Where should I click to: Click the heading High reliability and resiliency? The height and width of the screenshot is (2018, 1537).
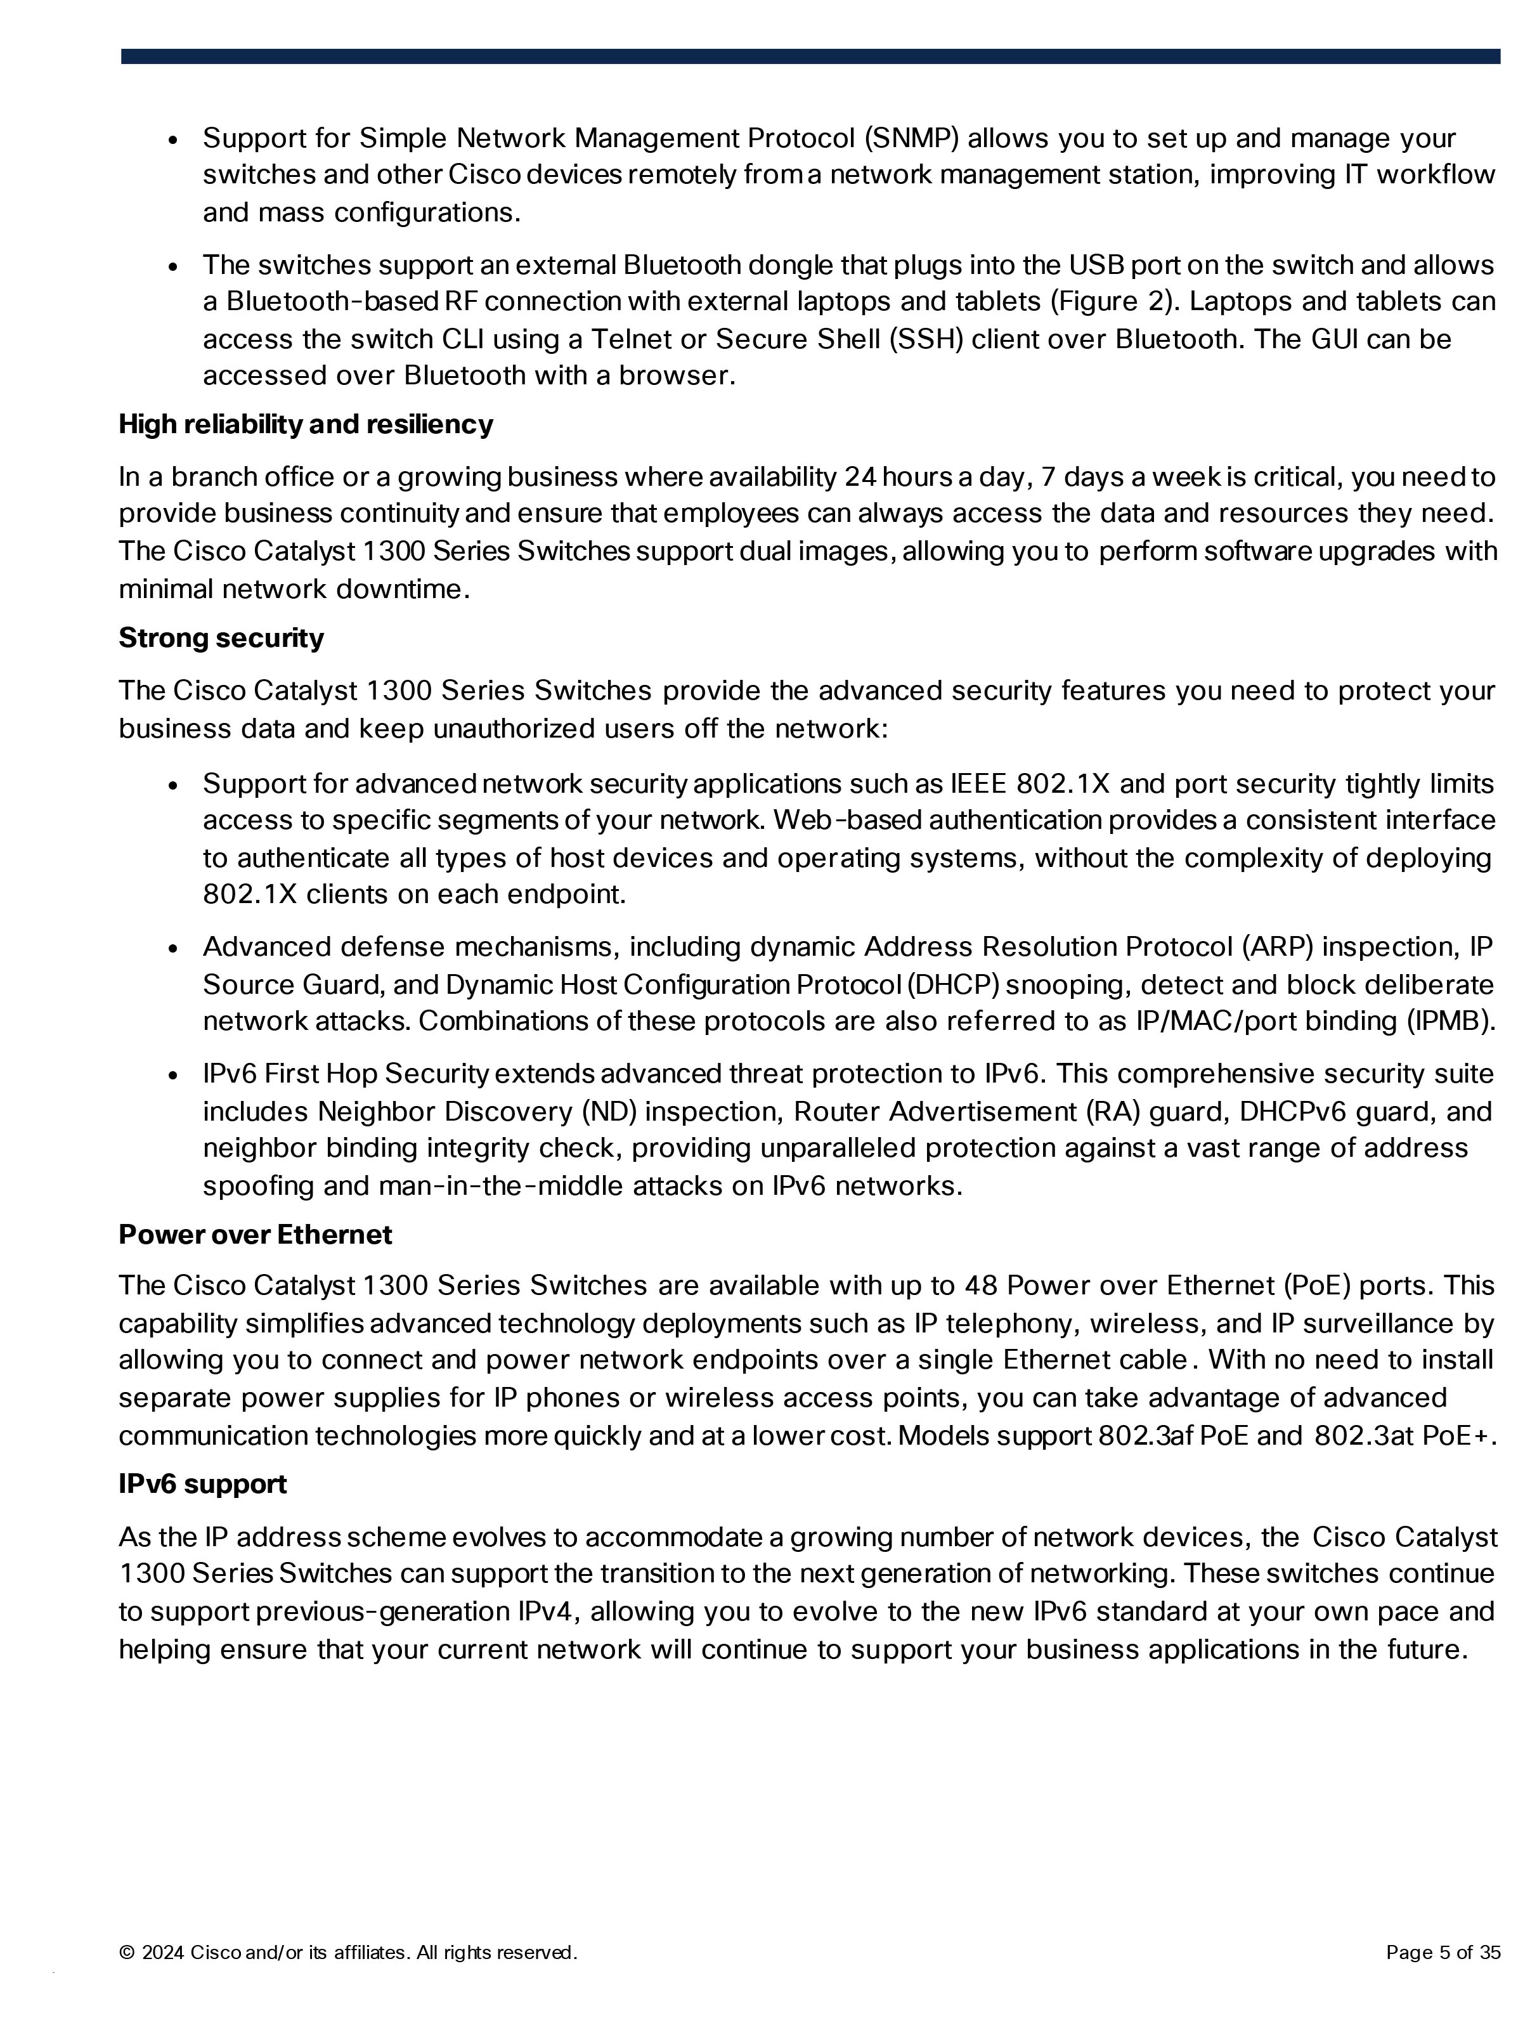click(306, 424)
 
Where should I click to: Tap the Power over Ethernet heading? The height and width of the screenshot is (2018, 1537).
click(256, 1235)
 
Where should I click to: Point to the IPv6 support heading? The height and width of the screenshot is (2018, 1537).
click(202, 1484)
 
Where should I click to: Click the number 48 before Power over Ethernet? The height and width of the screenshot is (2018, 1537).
click(981, 1286)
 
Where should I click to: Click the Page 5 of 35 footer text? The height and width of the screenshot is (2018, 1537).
click(1443, 1953)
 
